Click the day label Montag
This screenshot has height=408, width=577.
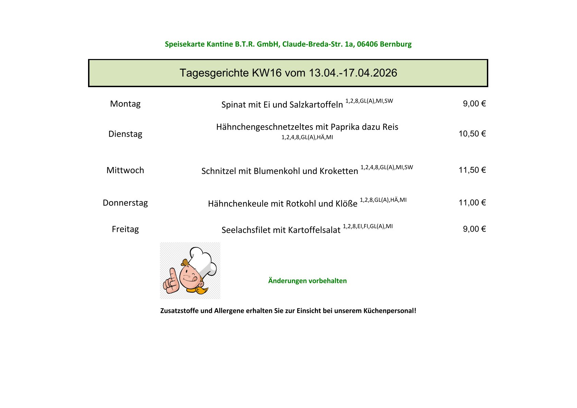(x=125, y=104)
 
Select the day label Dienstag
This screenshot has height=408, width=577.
(x=125, y=134)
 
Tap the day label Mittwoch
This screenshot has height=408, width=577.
(x=125, y=170)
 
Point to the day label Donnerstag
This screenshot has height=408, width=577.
(x=125, y=203)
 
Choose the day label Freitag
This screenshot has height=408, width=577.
(x=125, y=229)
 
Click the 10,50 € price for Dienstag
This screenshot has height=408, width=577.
(x=472, y=134)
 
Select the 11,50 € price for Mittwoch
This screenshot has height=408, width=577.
(x=472, y=170)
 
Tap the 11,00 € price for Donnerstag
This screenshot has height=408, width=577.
(x=472, y=203)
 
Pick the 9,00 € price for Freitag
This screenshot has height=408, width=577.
(x=474, y=229)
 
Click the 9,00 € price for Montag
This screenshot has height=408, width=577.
(x=474, y=104)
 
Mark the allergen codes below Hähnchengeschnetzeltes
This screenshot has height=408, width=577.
(x=307, y=137)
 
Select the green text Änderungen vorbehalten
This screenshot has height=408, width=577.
(x=307, y=281)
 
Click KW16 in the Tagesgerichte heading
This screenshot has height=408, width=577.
(x=267, y=73)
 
